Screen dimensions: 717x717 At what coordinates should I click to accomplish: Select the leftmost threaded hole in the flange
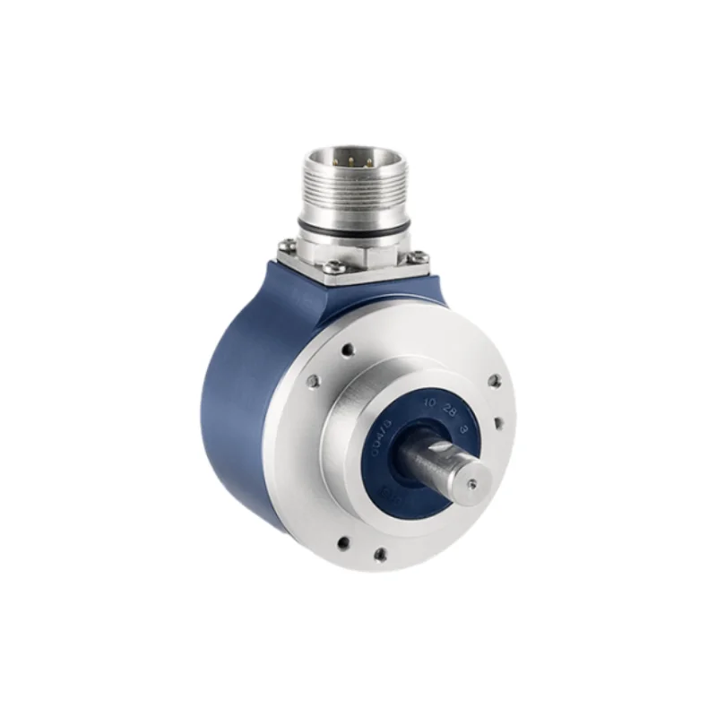[312, 382]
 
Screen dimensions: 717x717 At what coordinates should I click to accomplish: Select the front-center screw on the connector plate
[333, 266]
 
